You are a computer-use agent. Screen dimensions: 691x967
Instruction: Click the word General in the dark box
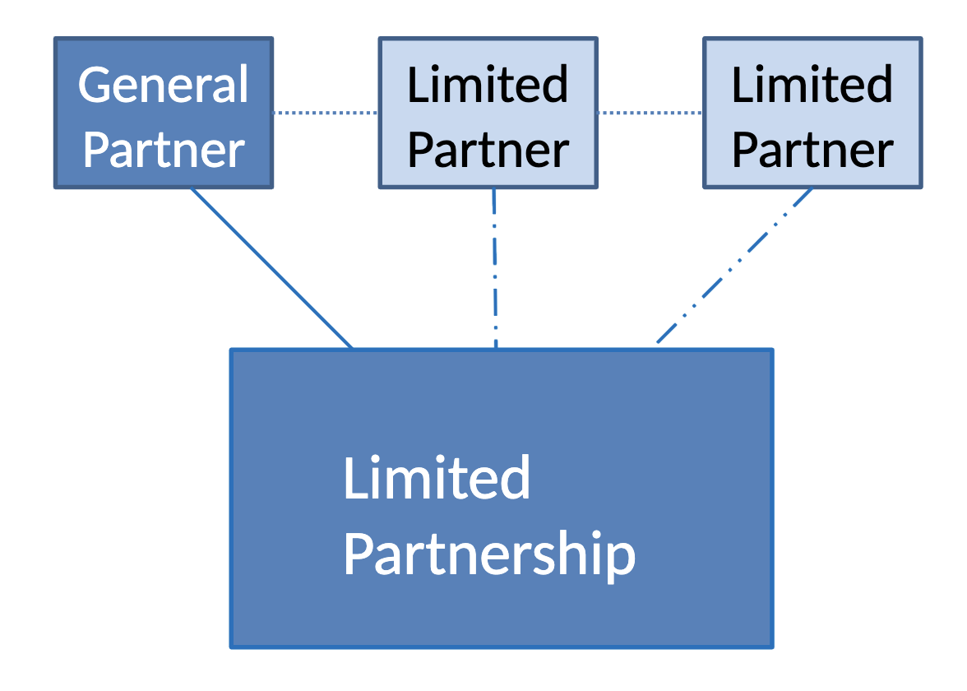[163, 85]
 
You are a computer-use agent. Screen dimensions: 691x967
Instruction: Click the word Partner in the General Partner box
[163, 151]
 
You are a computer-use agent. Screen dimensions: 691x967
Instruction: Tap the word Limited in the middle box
[488, 85]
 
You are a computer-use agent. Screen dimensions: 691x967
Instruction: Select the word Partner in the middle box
[488, 151]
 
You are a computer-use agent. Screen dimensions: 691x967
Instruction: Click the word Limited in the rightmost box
[812, 85]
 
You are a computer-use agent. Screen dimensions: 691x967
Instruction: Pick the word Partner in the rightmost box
[812, 151]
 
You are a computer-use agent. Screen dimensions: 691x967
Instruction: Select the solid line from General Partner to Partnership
[271, 268]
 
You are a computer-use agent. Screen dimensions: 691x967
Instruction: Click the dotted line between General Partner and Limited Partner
[325, 113]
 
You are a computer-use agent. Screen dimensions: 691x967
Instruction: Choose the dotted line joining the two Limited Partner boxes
[650, 113]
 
